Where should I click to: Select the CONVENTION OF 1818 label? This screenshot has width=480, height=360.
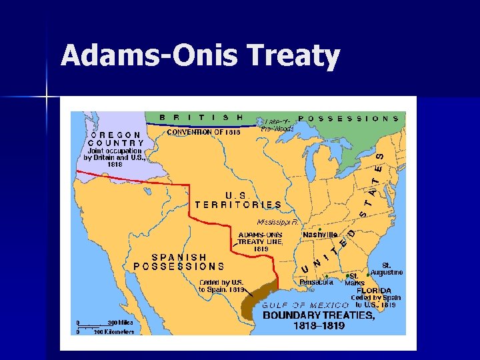pos(203,132)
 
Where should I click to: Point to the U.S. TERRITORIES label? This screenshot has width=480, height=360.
pos(238,199)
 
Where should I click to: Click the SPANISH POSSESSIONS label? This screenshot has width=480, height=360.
pos(179,261)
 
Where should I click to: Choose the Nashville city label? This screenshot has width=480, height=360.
pos(320,235)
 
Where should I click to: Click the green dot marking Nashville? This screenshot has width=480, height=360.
pos(319,229)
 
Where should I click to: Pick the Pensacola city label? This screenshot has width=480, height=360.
pos(316,282)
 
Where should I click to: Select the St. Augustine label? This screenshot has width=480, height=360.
pos(387,269)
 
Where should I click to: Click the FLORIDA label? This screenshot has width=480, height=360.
pos(373,291)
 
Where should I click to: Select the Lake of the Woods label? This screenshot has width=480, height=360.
pos(278,125)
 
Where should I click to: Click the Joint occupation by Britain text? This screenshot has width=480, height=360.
pos(113,157)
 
